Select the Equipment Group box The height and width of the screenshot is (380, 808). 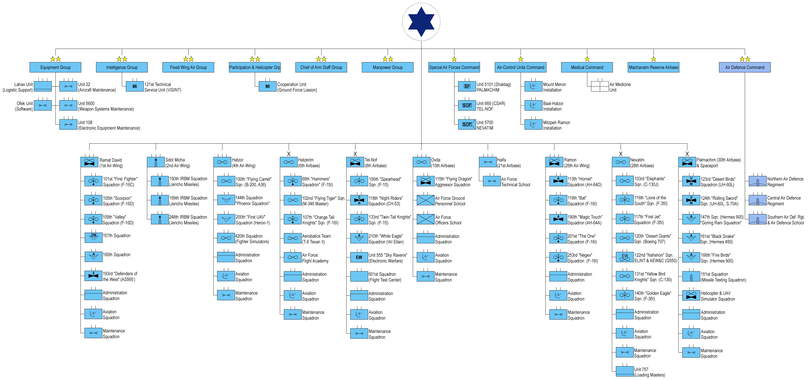coord(55,67)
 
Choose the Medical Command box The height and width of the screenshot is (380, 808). coord(587,67)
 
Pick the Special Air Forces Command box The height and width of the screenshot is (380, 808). coord(454,67)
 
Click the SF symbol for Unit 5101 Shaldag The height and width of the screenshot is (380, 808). coord(467,86)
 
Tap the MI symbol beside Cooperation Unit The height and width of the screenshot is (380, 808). coord(268,86)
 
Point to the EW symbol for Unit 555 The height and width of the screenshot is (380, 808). coord(359,257)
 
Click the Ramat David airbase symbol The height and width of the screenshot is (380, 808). coord(89,162)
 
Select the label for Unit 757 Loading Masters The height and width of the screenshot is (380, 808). coord(649,372)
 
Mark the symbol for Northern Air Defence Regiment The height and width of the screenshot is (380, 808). coord(758,181)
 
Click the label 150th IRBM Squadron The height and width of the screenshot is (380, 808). coord(188,179)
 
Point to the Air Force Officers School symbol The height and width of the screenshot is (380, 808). coord(426,219)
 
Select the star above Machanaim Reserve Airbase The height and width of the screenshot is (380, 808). coord(654,59)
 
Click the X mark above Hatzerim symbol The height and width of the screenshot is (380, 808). coord(289,154)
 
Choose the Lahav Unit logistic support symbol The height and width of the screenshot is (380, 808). coord(43,86)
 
